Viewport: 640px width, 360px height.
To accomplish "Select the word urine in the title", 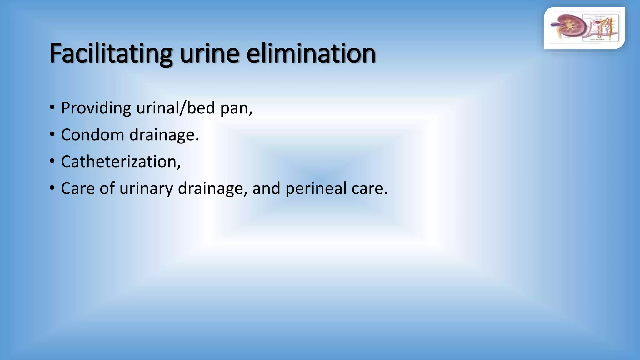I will click(x=209, y=54).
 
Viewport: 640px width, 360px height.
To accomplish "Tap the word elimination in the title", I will click(x=311, y=54).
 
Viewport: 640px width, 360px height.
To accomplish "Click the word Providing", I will click(x=96, y=108).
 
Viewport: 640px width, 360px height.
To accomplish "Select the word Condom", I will click(x=92, y=135).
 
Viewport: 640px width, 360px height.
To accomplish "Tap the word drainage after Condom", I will click(x=164, y=135).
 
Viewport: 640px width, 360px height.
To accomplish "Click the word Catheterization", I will click(x=121, y=162).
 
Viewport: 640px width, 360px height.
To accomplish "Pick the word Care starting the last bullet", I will click(x=78, y=188).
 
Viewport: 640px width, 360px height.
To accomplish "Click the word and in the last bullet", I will click(x=266, y=188).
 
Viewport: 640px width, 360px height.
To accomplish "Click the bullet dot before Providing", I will click(x=52, y=108).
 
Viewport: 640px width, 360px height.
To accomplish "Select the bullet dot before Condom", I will click(x=52, y=135).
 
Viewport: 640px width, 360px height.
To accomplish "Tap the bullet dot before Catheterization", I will click(x=52, y=162).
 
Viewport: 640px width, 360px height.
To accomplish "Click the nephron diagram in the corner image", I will click(x=602, y=27).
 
